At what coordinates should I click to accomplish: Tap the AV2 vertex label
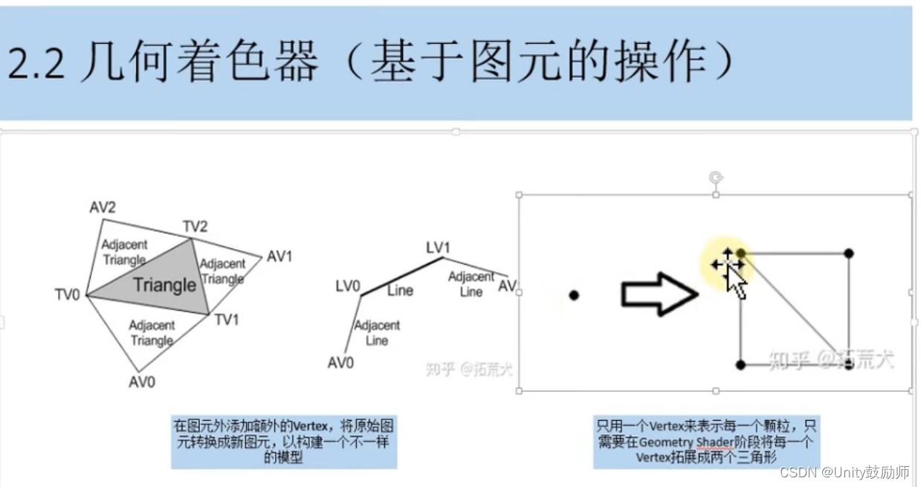point(103,208)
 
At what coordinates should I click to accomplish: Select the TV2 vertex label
point(195,226)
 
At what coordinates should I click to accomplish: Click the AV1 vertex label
point(279,257)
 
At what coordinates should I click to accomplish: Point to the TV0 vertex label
point(67,294)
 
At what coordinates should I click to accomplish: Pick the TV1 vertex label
point(227,320)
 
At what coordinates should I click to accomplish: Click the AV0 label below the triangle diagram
point(141,382)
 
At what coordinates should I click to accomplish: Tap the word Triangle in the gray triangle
point(165,286)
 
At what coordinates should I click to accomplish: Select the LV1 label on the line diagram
point(439,247)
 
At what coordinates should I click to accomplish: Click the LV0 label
point(348,285)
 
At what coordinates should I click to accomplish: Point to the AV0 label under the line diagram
point(340,363)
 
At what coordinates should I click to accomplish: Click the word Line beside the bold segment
point(400,291)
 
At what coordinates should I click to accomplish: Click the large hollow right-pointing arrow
point(659,294)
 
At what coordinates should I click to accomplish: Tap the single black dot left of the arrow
point(574,295)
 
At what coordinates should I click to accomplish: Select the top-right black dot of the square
point(849,254)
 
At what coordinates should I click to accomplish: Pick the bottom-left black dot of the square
point(740,364)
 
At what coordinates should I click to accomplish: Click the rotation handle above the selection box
point(716,177)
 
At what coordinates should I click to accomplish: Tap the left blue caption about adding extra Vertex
point(283,441)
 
